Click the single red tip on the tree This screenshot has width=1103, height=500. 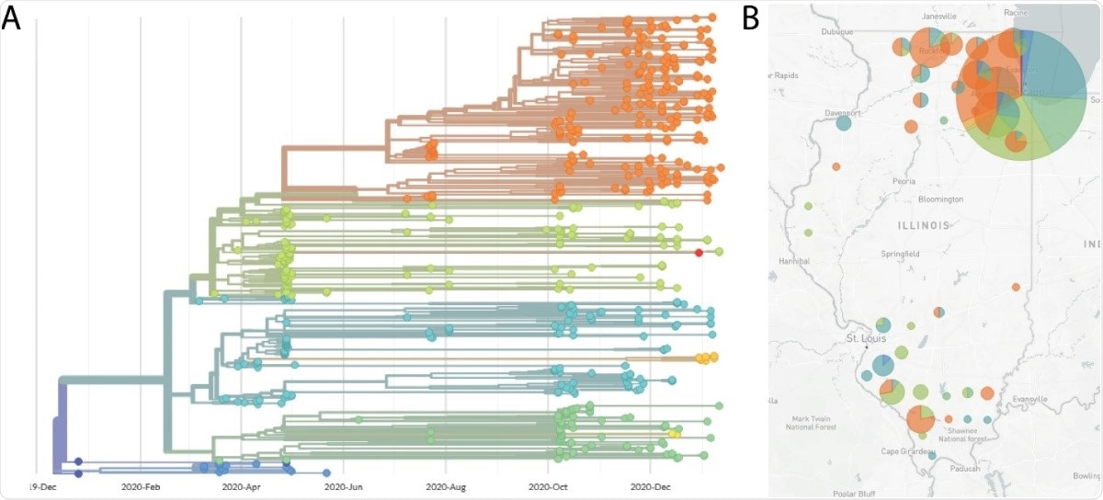click(699, 253)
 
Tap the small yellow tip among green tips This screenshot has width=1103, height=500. click(673, 433)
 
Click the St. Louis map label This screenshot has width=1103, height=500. click(864, 339)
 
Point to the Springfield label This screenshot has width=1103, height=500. click(904, 254)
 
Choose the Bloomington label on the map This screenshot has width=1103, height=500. click(940, 199)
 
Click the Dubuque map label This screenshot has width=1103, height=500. click(837, 32)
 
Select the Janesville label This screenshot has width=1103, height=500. click(937, 16)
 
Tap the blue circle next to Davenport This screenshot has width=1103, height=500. click(843, 124)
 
